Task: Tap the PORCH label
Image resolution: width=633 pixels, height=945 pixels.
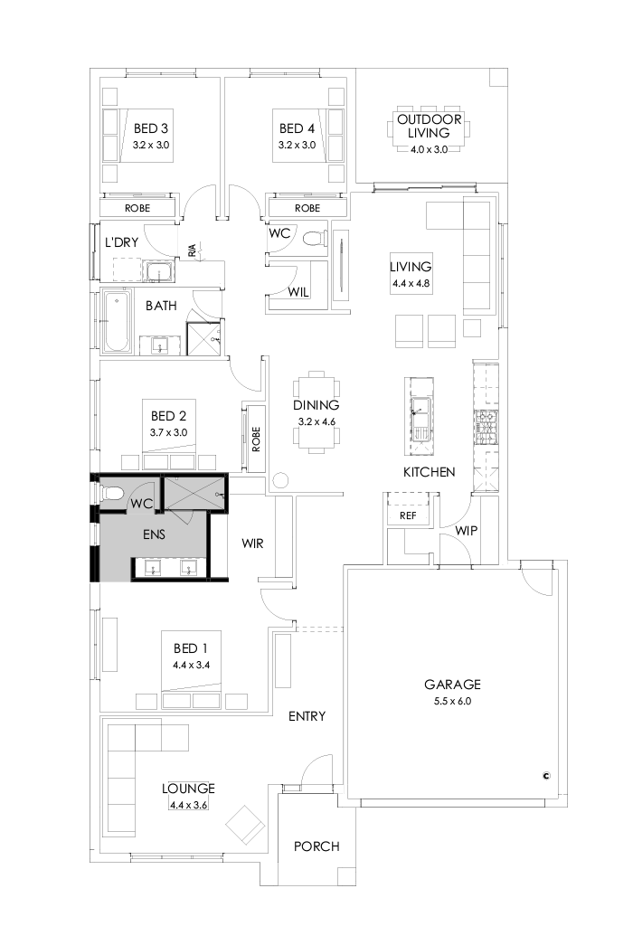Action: [x=316, y=846]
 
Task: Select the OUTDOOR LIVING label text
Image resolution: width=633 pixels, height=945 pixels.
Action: [x=429, y=126]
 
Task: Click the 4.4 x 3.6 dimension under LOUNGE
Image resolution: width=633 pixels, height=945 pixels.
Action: [x=188, y=804]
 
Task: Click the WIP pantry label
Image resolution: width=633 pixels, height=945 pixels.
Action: [x=466, y=530]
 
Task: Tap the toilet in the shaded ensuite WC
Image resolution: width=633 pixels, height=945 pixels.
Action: [x=112, y=494]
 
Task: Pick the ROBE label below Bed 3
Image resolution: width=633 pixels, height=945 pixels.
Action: [x=137, y=208]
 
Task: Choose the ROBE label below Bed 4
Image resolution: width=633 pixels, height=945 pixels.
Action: [x=307, y=208]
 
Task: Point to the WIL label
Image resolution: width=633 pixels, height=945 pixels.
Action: [x=299, y=292]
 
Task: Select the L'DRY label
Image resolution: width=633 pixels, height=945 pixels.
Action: [x=120, y=242]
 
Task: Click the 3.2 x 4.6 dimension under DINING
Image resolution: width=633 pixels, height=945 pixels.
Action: [x=316, y=421]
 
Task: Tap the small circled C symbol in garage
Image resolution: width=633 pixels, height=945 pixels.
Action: [x=546, y=774]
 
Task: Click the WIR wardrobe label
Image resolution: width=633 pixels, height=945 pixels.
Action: [x=252, y=543]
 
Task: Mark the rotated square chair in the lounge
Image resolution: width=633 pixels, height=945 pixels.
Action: [x=244, y=825]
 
